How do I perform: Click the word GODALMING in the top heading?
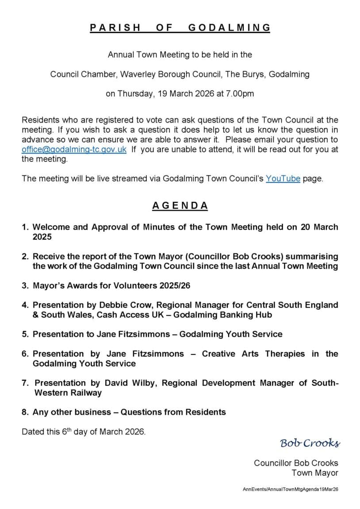(x=229, y=27)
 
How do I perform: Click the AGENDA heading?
(x=180, y=205)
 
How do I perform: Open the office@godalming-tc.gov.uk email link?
(x=74, y=150)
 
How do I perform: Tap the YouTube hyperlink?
(x=283, y=179)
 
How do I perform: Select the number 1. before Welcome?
(x=26, y=227)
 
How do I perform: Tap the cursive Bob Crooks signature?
(x=310, y=443)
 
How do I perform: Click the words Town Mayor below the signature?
(x=314, y=473)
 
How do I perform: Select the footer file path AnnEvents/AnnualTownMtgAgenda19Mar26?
(x=291, y=490)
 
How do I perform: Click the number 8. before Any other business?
(x=26, y=412)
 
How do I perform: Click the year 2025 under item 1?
(x=42, y=237)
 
